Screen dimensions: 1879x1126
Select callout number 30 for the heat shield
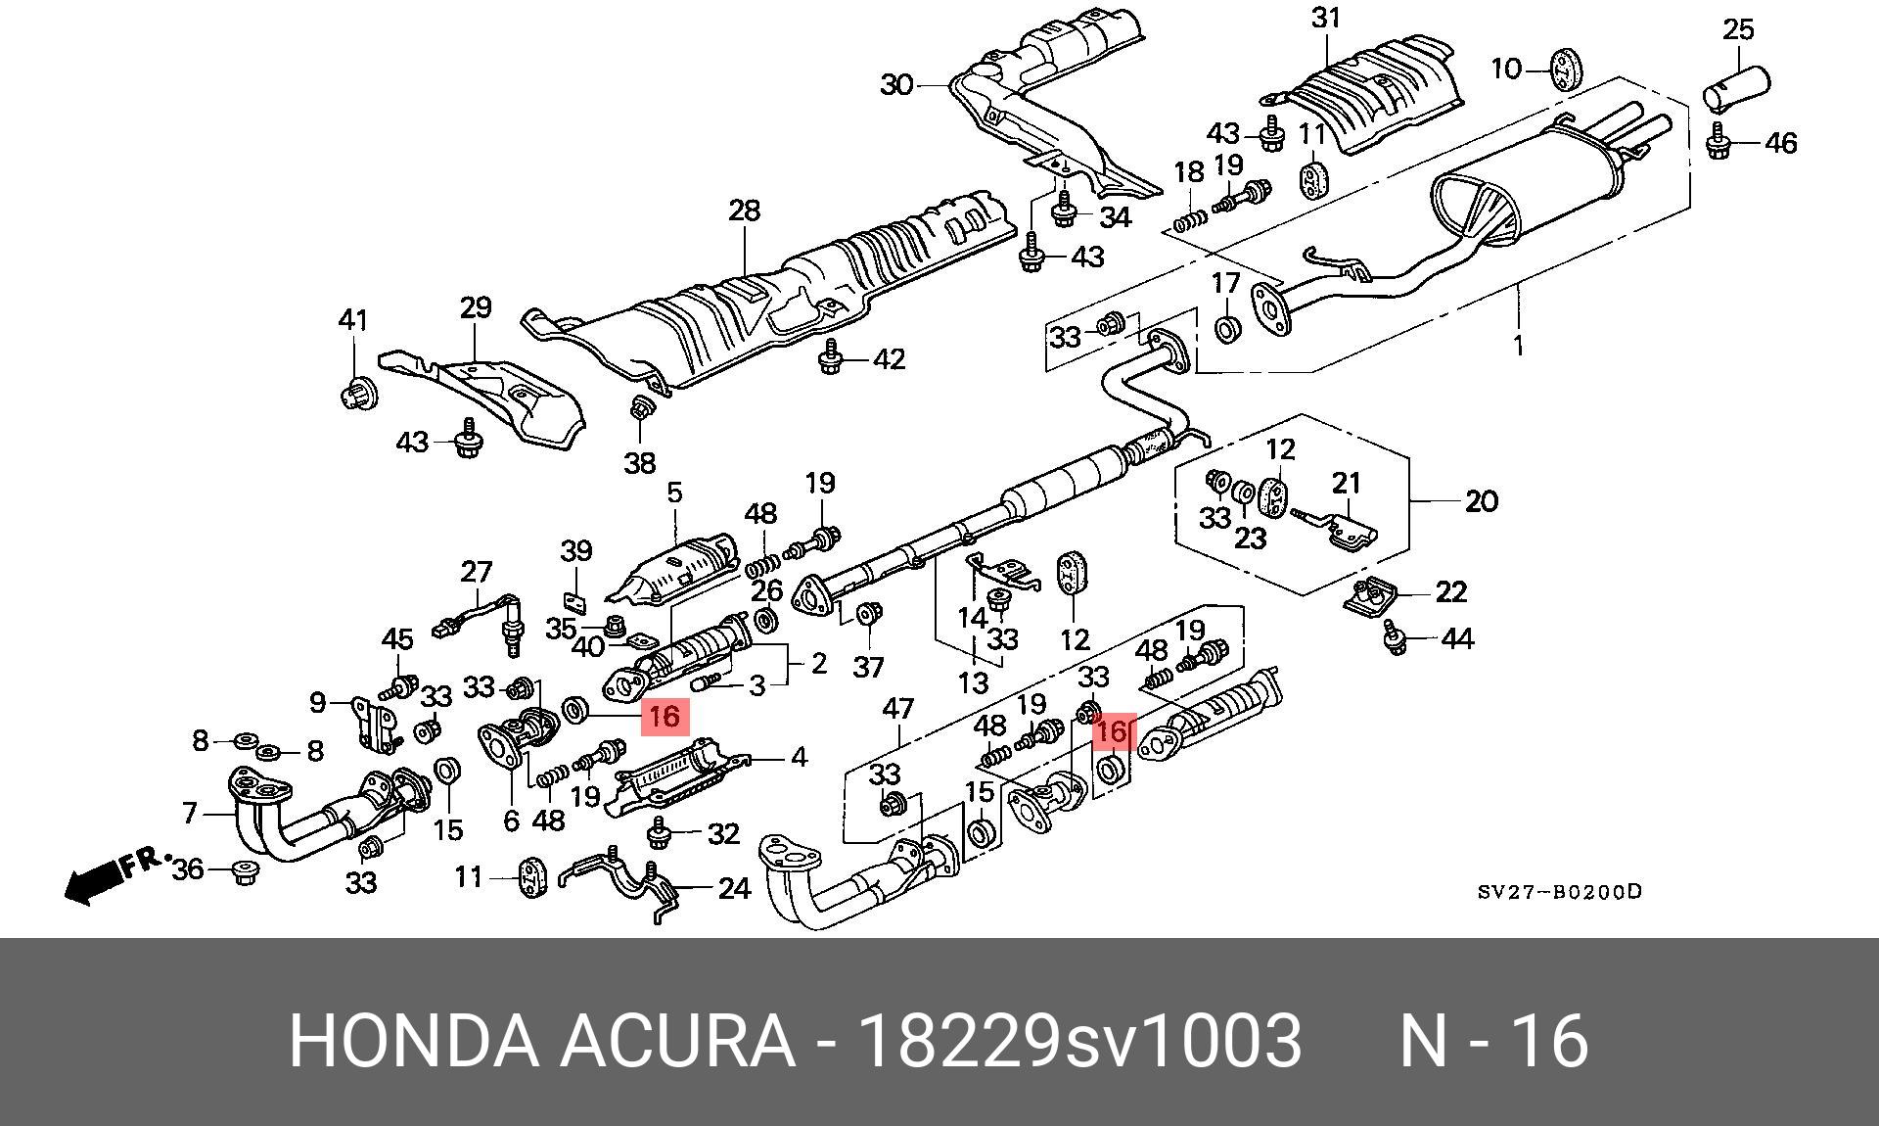click(896, 85)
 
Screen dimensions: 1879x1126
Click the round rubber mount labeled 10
click(1566, 69)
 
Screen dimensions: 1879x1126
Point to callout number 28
click(744, 211)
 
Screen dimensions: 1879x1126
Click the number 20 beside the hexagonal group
click(1482, 501)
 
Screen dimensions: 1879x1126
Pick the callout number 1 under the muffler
click(1518, 345)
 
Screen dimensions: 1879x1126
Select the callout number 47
click(897, 709)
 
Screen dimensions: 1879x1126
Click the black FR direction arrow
click(92, 883)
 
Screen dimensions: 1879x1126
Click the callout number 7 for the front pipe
click(190, 812)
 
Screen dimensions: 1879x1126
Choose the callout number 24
click(734, 888)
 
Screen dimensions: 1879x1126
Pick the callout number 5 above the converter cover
click(674, 493)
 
